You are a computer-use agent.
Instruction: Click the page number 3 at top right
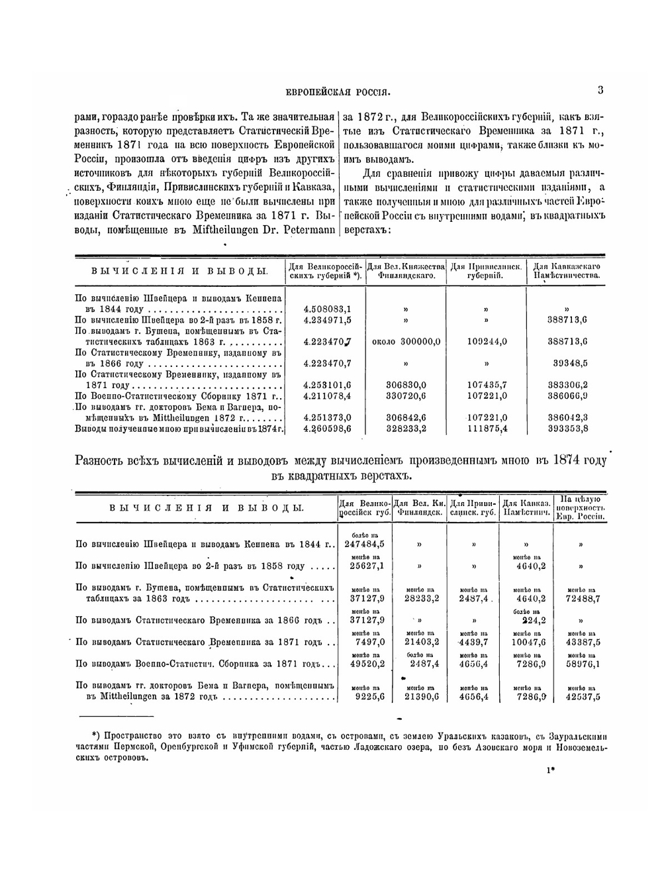pyautogui.click(x=600, y=90)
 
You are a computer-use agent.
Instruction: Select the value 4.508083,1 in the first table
pyautogui.click(x=327, y=309)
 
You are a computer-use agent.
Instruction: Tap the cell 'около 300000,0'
pyautogui.click(x=406, y=342)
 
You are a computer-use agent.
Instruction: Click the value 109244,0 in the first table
pyautogui.click(x=487, y=342)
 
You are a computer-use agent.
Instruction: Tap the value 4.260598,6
pyautogui.click(x=327, y=429)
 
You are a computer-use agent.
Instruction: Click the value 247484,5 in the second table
pyautogui.click(x=365, y=544)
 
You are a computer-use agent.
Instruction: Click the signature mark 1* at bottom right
pyautogui.click(x=550, y=770)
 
